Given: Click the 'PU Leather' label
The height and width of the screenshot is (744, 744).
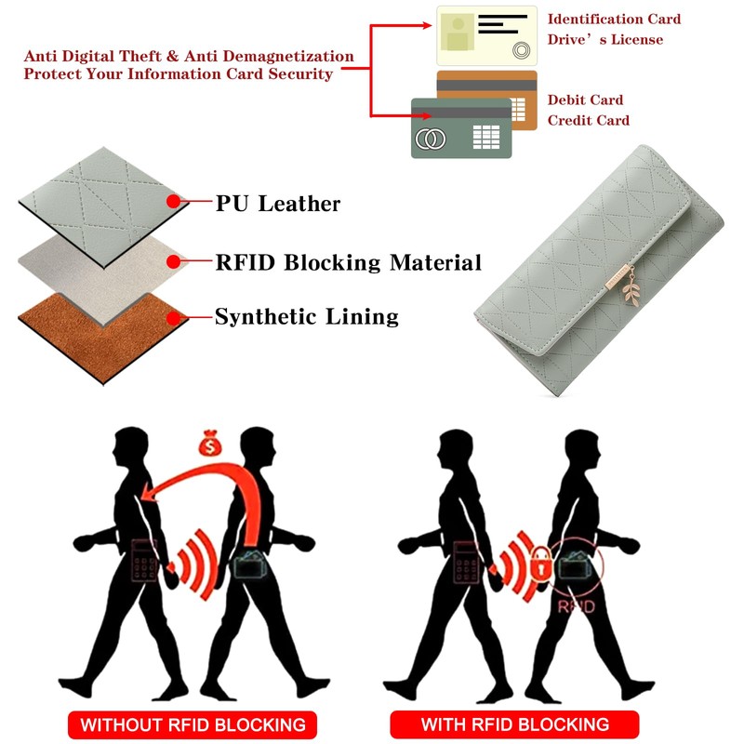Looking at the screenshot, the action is (278, 203).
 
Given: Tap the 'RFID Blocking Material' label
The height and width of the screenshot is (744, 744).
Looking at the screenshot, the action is (348, 263).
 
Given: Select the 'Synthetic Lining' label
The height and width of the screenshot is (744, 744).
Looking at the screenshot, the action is (306, 317).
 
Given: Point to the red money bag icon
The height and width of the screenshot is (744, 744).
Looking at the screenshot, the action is (209, 446).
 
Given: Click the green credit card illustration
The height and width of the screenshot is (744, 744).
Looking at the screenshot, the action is (461, 129).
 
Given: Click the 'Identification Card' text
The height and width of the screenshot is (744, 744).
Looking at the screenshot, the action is (614, 19).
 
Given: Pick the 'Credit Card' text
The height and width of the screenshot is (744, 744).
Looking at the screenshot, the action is (588, 120).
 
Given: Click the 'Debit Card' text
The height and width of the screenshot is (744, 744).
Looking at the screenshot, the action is (585, 100).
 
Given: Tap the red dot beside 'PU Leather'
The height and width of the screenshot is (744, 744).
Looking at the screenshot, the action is (172, 201).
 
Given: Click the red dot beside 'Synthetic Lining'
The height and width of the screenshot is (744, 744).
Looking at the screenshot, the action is (172, 317).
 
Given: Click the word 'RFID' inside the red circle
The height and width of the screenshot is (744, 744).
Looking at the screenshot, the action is (577, 605).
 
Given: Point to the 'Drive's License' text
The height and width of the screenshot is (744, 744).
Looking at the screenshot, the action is (604, 39).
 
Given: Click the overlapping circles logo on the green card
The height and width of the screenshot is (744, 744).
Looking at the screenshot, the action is (431, 139).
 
